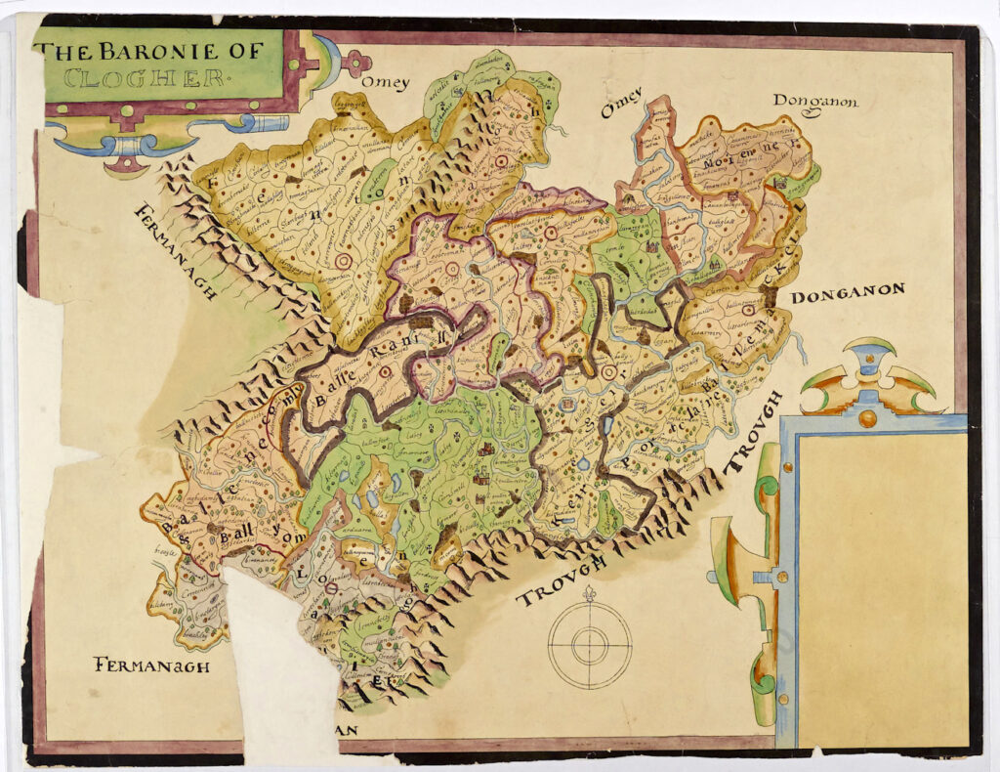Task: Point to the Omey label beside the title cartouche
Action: click(x=385, y=83)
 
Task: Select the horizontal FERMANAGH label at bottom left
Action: click(x=151, y=665)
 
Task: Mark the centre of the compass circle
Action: click(x=589, y=645)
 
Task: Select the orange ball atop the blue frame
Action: click(x=867, y=419)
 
